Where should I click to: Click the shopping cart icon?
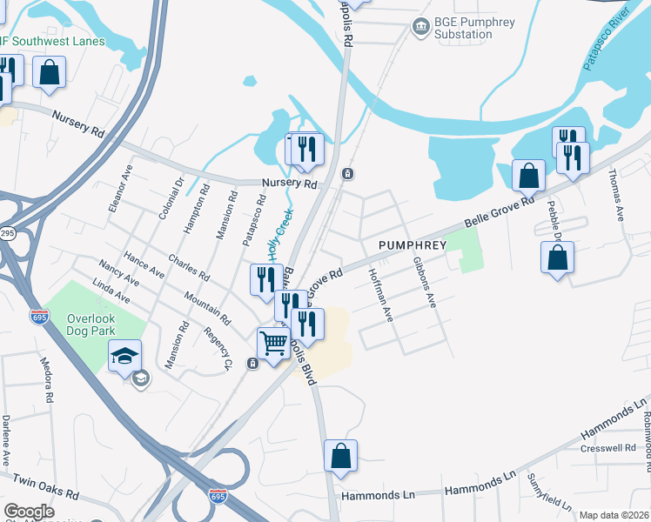pyautogui.click(x=273, y=344)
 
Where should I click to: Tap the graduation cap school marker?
pyautogui.click(x=124, y=355)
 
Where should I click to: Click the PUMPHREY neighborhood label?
pyautogui.click(x=412, y=245)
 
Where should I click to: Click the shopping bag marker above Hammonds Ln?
pyautogui.click(x=340, y=455)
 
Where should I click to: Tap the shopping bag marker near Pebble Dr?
pyautogui.click(x=557, y=258)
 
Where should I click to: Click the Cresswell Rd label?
pyautogui.click(x=607, y=449)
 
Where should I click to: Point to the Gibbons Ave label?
pyautogui.click(x=424, y=283)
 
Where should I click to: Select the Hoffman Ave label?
pyautogui.click(x=381, y=294)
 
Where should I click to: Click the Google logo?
pyautogui.click(x=29, y=512)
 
